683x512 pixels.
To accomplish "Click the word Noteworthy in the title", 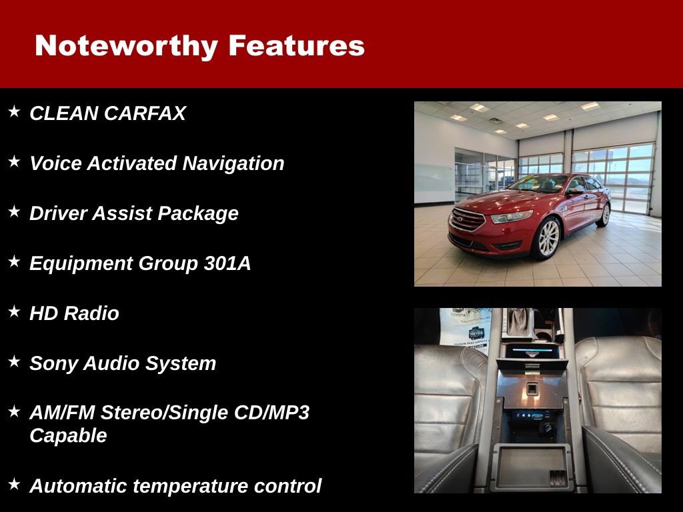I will pos(126,46).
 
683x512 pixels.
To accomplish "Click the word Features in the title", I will pos(296,46).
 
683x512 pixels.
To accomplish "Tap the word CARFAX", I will pos(145,113).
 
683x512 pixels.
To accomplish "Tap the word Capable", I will pos(68,435).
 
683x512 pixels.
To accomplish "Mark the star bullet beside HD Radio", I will pos(14,311).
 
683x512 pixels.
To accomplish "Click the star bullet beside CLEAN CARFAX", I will pos(14,111).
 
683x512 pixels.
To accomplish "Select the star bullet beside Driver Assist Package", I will pos(14,211).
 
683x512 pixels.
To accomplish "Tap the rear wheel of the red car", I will pos(605,214).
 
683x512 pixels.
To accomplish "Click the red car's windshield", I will pos(538,183).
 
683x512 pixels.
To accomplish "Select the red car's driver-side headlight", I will pos(511,217).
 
